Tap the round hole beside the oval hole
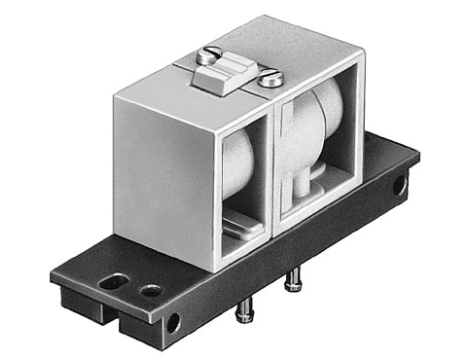click(x=150, y=291)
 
